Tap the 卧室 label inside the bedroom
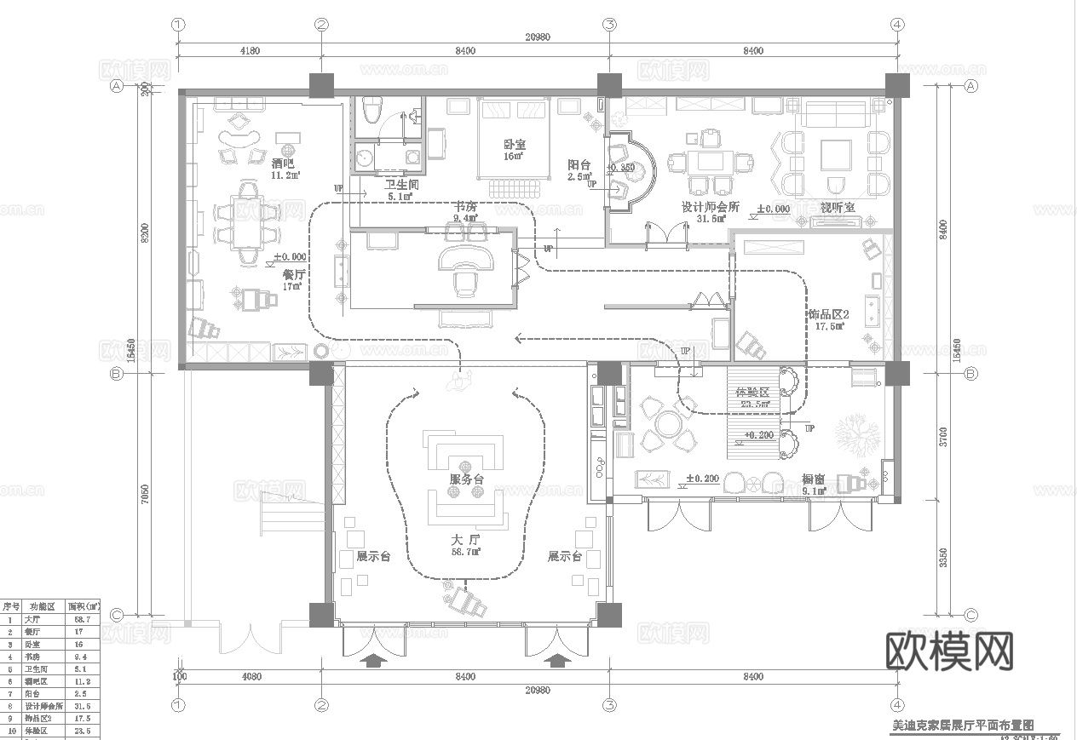[x=513, y=144]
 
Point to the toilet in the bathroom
[x=371, y=112]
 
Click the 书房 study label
[x=465, y=207]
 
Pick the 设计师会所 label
[x=710, y=207]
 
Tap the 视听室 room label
[x=838, y=207]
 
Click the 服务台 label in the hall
[x=466, y=479]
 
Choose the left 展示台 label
[x=373, y=556]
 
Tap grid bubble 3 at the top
[x=609, y=25]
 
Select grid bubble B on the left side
[x=118, y=373]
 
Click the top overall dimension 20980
[x=537, y=37]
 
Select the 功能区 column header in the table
[x=42, y=606]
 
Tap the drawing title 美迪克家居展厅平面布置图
[x=962, y=726]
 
